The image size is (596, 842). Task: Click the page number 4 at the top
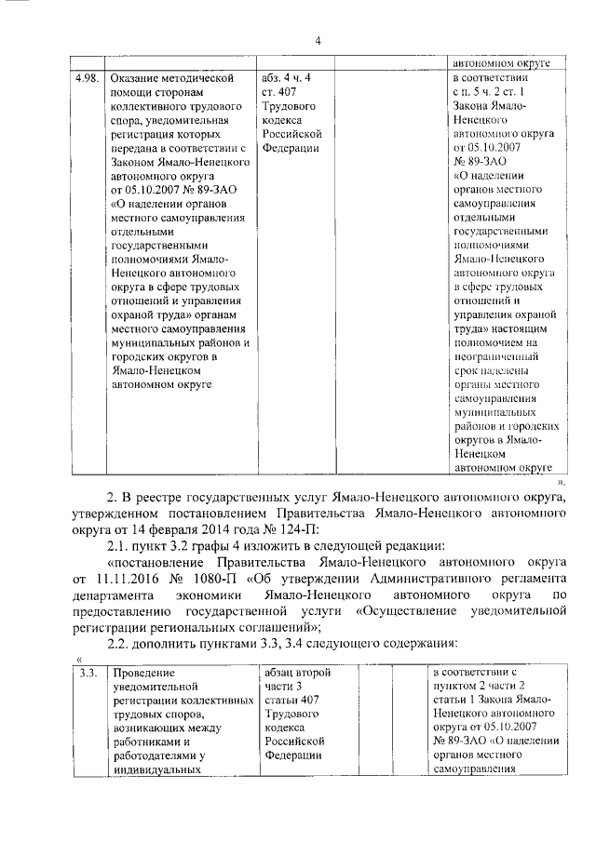[x=318, y=40]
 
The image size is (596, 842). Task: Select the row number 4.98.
[x=85, y=78]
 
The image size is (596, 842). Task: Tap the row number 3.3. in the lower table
[x=88, y=672]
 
